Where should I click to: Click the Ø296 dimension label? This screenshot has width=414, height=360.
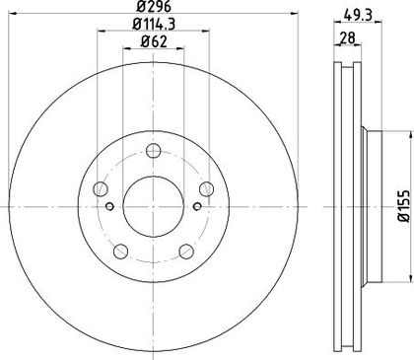(153, 6)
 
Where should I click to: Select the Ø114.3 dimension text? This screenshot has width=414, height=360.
(153, 24)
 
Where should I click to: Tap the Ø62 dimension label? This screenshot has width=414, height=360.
(154, 41)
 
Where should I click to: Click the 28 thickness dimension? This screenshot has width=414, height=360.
(347, 37)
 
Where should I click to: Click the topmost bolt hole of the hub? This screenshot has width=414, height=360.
(153, 151)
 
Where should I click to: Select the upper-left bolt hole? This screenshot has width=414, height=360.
(101, 188)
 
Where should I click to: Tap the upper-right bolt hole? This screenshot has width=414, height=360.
(206, 188)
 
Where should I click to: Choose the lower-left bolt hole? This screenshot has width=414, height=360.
(120, 252)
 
